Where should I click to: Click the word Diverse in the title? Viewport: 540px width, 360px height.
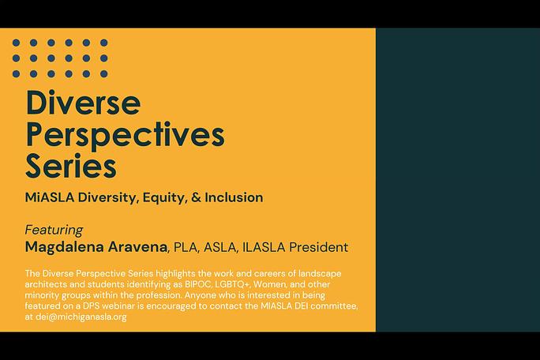tap(83, 103)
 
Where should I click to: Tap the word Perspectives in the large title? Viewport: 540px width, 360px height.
tap(125, 135)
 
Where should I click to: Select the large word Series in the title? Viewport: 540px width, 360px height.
tap(71, 166)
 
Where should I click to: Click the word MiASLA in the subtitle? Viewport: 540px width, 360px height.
tap(50, 197)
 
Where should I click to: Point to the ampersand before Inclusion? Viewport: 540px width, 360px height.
tap(196, 197)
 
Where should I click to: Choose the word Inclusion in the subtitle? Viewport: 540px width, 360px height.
tap(234, 197)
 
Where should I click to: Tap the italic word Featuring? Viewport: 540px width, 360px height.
tap(54, 230)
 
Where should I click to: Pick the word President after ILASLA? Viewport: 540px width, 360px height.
tap(318, 247)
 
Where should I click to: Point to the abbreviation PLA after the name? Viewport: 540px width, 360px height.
tap(186, 247)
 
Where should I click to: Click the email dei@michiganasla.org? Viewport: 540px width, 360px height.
tap(81, 317)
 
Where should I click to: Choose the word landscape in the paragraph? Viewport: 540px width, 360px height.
tap(320, 274)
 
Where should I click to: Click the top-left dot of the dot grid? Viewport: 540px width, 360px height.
tap(16, 43)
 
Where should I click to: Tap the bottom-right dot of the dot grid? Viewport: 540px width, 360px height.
tap(104, 73)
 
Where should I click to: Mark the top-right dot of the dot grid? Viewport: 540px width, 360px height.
tap(104, 43)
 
